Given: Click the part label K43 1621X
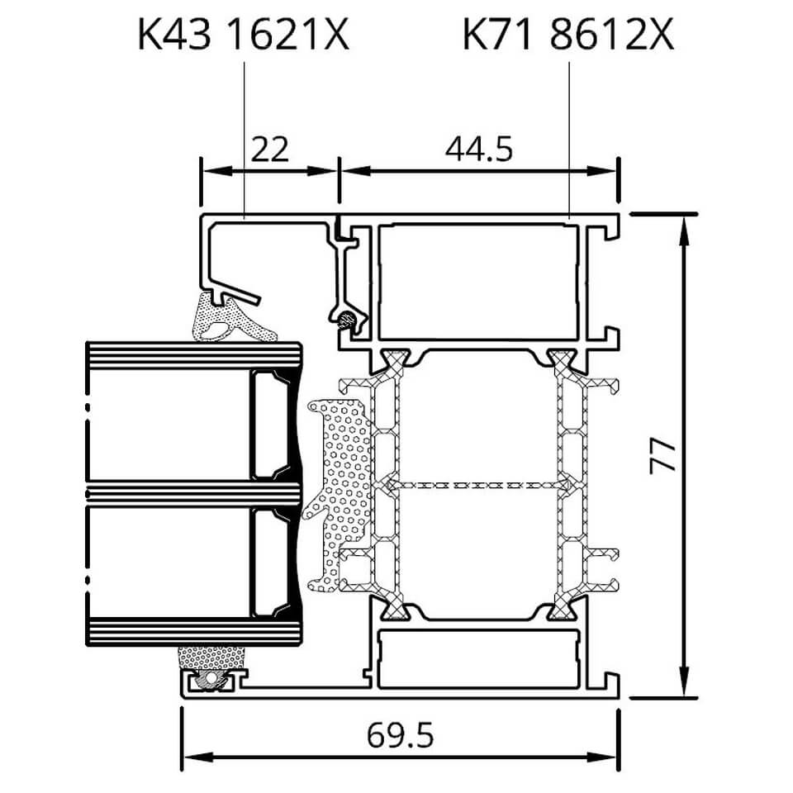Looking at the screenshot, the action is pyautogui.click(x=243, y=36).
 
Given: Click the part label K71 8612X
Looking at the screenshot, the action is pyautogui.click(x=568, y=36).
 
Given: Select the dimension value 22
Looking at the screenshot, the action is pyautogui.click(x=269, y=149).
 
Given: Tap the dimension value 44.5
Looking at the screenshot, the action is pyautogui.click(x=479, y=149).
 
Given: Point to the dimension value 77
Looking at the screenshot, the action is pyautogui.click(x=662, y=456).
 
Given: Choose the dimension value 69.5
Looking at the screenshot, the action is pyautogui.click(x=400, y=735).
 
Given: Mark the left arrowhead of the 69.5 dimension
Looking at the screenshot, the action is pyautogui.click(x=197, y=757).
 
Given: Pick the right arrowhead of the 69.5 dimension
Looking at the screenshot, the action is pyautogui.click(x=602, y=757).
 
